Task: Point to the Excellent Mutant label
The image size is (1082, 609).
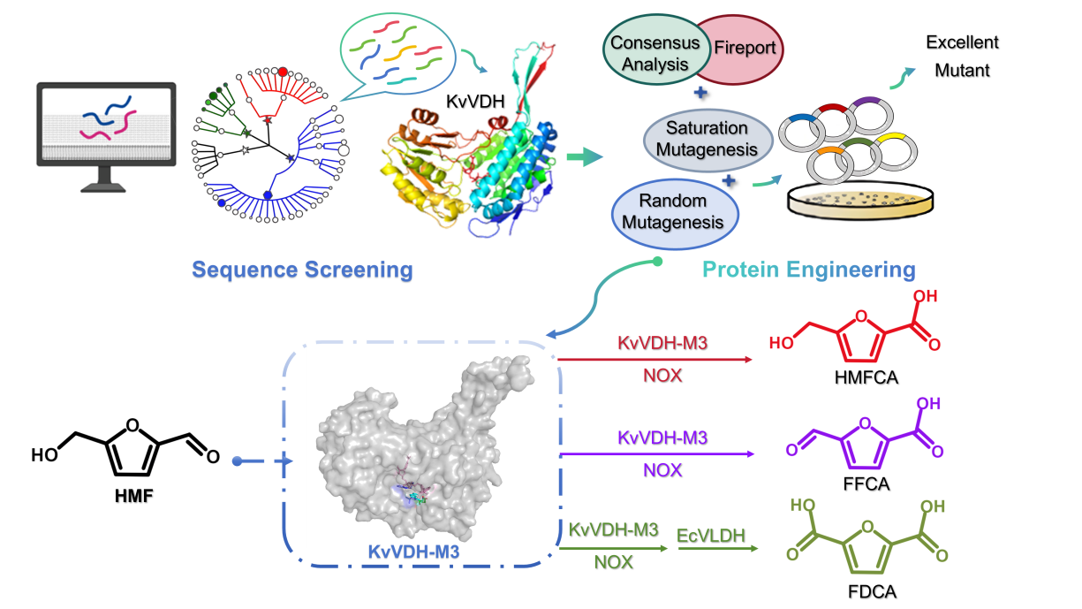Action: [961, 54]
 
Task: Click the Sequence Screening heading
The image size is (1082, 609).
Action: [302, 270]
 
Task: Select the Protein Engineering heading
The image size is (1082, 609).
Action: [808, 270]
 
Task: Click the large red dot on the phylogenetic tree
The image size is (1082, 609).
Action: [283, 72]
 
